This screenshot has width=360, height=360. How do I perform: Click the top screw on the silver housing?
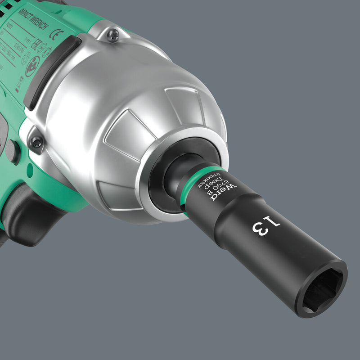click(113, 35)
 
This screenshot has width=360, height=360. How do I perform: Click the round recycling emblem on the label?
click(32, 67)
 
